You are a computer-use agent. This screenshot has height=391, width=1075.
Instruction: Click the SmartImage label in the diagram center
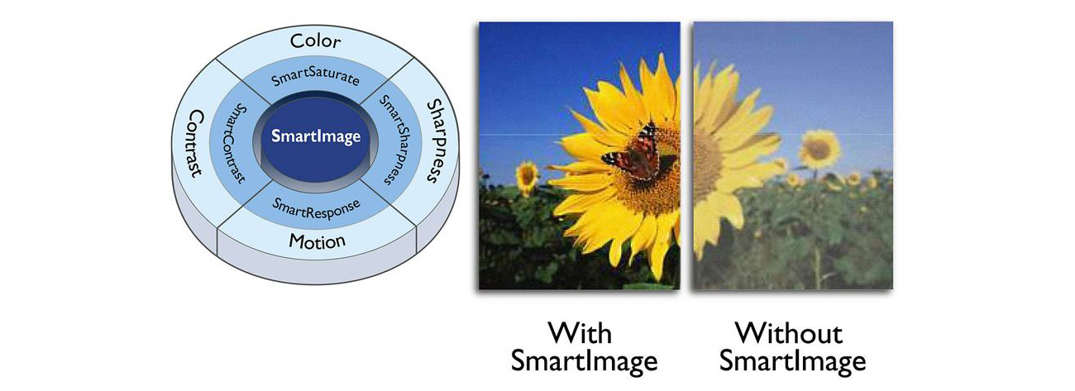point(316,136)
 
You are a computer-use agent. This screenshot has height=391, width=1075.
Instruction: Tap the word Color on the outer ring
point(315,41)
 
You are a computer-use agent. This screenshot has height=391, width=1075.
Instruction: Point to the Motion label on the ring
point(317,241)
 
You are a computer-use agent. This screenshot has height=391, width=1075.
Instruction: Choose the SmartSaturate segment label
point(315,78)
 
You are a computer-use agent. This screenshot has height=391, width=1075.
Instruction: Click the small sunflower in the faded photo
point(819,149)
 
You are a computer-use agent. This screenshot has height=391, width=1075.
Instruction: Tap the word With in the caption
point(580,332)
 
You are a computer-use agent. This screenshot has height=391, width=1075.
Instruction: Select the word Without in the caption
point(789,332)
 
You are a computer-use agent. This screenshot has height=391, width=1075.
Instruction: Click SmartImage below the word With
point(584,360)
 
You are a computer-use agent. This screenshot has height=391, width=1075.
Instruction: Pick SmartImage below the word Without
point(792,360)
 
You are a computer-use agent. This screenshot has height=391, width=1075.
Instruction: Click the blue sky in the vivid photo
point(537,72)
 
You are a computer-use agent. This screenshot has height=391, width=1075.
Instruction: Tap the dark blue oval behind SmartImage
point(315,140)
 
